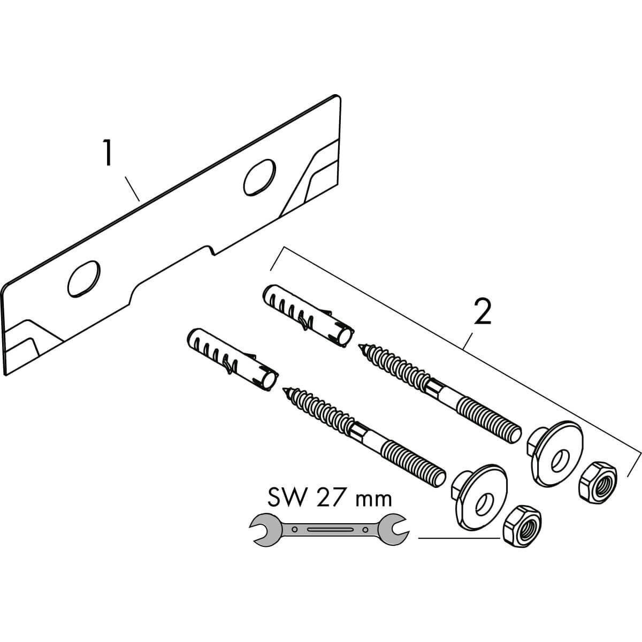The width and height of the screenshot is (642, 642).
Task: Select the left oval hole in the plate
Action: coord(85,278)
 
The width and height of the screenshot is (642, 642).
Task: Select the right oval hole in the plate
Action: coord(259,176)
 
